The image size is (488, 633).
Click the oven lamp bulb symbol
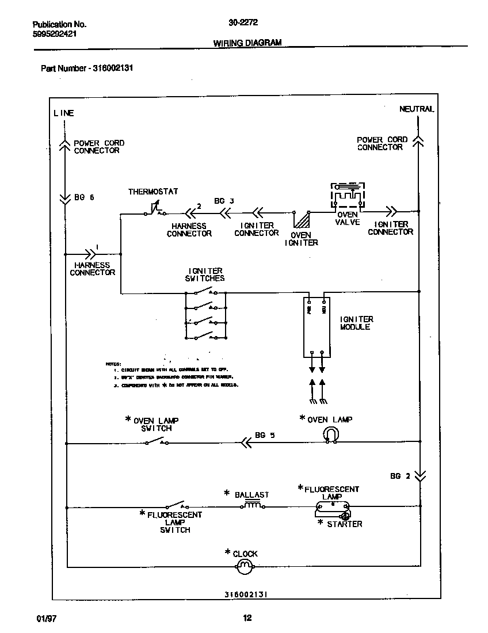tap(331, 434)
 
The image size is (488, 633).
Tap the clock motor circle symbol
tap(244, 567)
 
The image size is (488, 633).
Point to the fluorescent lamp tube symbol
tap(332, 507)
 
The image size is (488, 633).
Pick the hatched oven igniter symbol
tap(302, 220)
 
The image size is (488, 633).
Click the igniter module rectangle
tap(317, 326)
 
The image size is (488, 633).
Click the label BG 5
tap(265, 436)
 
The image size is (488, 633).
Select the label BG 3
tap(224, 201)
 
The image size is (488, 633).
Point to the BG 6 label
tap(84, 197)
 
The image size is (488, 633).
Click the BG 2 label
tap(400, 476)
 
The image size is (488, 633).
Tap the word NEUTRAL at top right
tap(417, 109)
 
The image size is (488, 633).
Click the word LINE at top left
tap(64, 113)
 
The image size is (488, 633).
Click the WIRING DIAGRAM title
tap(247, 43)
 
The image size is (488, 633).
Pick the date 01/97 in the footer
tap(45, 619)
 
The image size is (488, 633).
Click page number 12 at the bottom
tap(247, 619)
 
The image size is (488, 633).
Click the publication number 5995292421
tap(55, 34)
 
